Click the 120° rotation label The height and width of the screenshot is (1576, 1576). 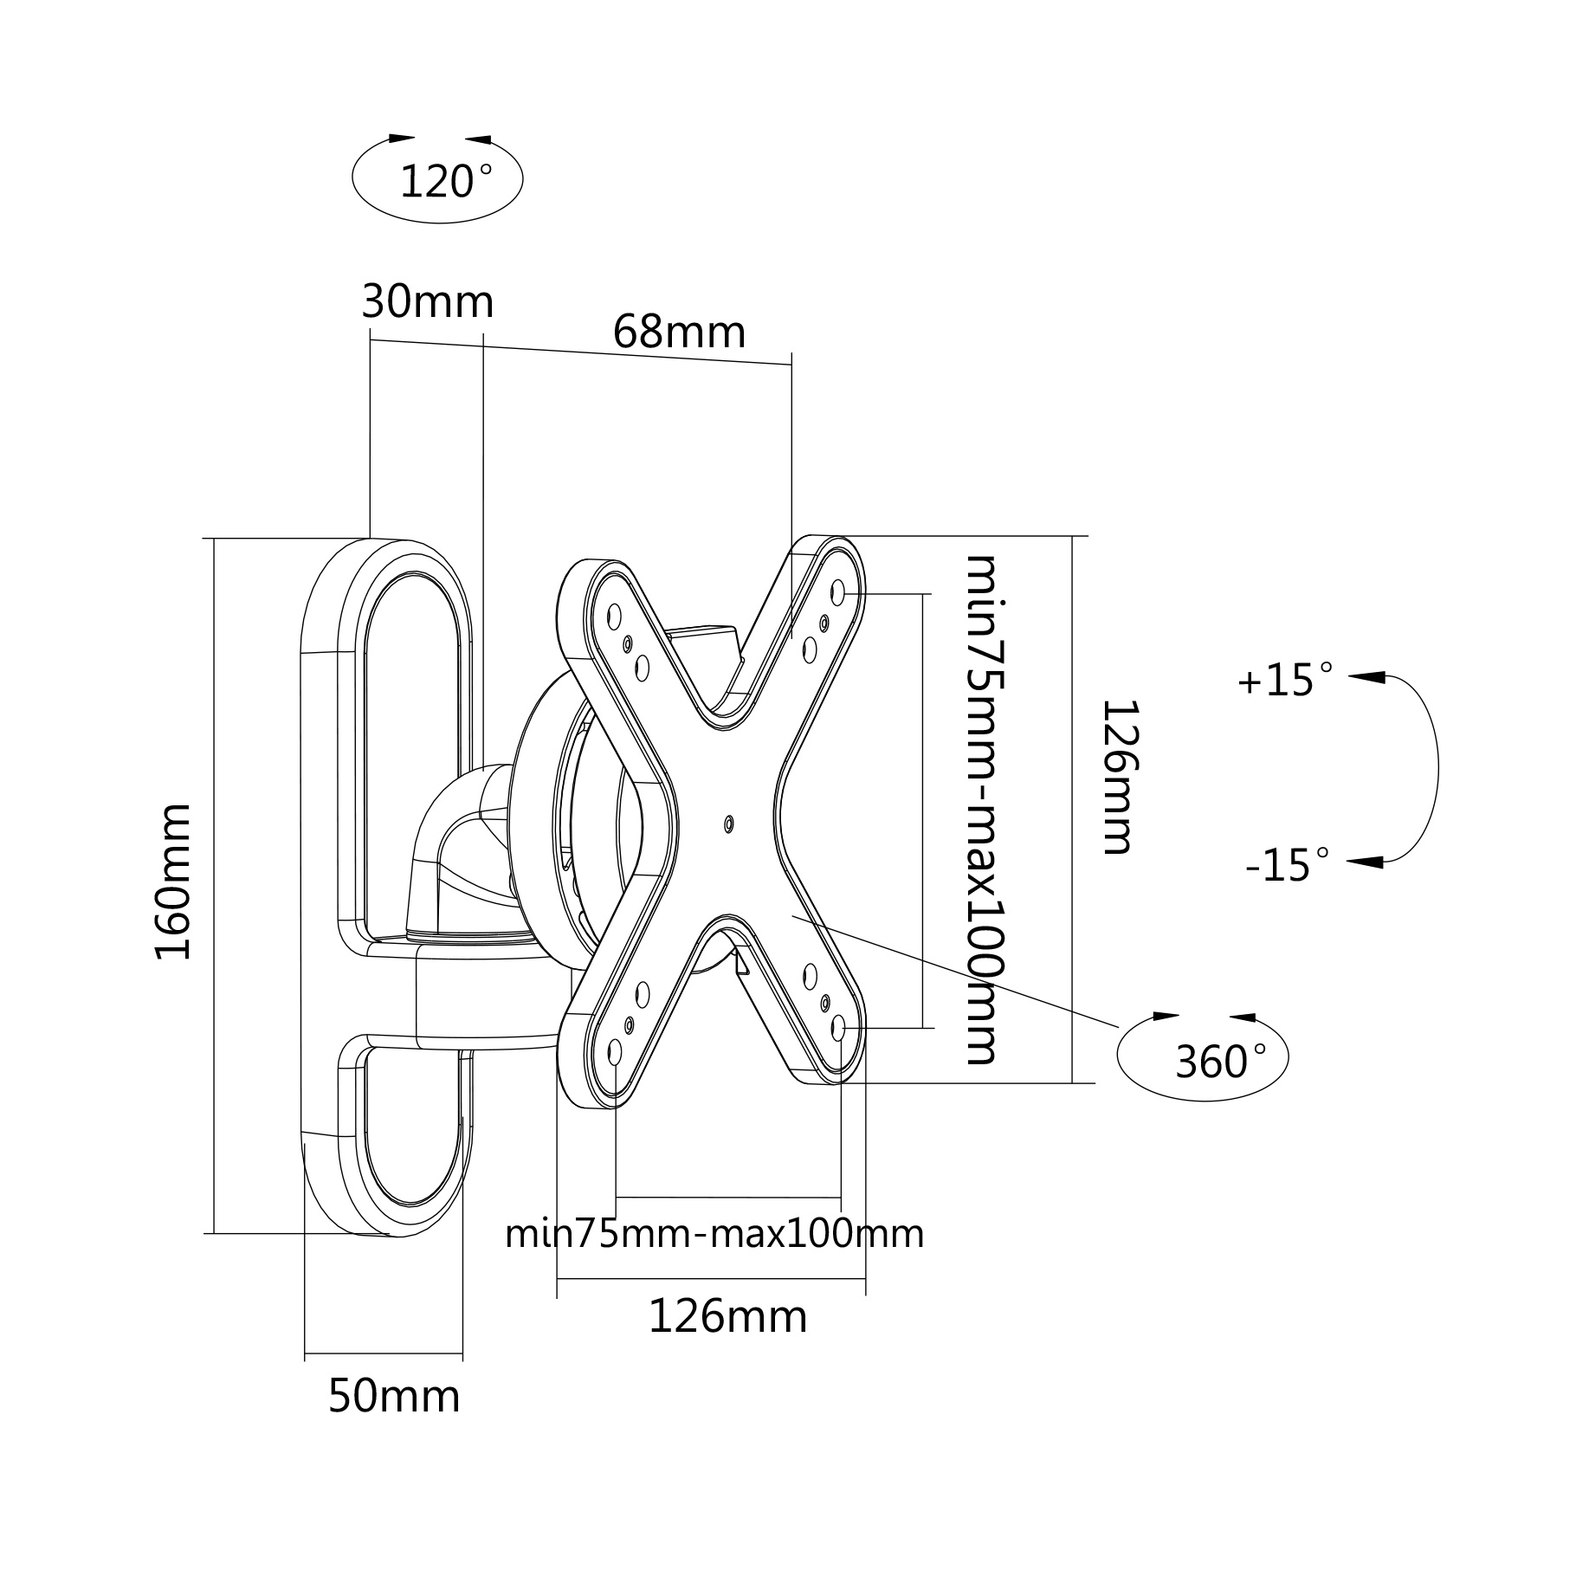coord(445,182)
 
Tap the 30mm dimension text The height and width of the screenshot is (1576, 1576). coord(427,302)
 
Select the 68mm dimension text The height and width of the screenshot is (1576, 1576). coord(679,332)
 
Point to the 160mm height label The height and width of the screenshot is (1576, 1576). coord(172,882)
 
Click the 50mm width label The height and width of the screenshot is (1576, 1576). coord(394,1420)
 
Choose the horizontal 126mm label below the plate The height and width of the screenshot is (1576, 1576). coord(727,1316)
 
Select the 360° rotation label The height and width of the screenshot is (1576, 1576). coord(1220,1061)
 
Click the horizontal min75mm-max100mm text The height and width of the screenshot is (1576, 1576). coord(714,1233)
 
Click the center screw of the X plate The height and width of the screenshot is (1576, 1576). coord(728,824)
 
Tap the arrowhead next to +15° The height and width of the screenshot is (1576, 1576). coord(1366,677)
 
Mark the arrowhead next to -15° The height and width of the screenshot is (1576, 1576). coord(1366,862)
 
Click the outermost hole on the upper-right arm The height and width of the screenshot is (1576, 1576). coord(837,592)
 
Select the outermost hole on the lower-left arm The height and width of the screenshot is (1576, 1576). coord(615,1052)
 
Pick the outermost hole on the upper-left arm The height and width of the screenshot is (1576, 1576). coord(614,617)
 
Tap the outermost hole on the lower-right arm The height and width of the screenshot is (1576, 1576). coord(838,1028)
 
